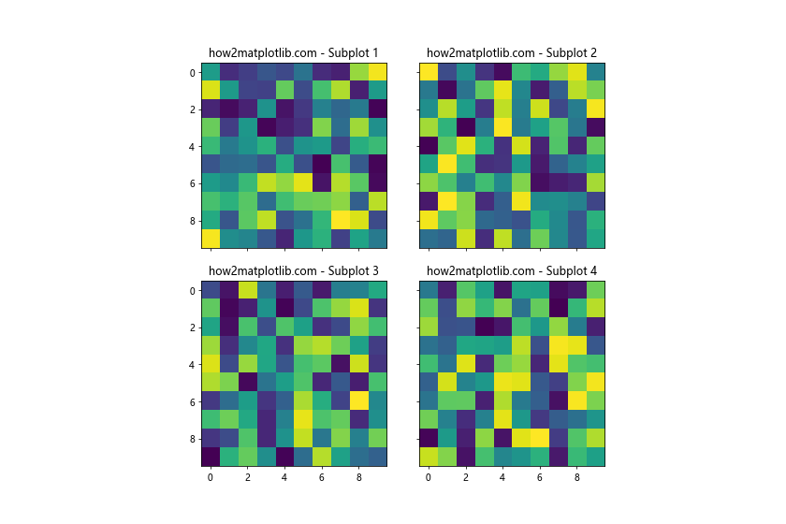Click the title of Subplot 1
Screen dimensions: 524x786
294,52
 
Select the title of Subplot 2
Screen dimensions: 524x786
512,52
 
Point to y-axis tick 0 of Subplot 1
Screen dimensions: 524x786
192,73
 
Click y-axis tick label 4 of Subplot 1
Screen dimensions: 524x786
192,147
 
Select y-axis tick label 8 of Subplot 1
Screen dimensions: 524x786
192,221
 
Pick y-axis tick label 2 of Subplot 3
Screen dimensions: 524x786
192,328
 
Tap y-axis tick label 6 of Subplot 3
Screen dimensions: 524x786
192,402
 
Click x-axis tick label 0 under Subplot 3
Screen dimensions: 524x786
211,477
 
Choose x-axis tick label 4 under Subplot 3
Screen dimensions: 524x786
284,477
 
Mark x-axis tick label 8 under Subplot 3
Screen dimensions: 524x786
358,477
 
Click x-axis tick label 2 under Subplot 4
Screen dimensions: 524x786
465,477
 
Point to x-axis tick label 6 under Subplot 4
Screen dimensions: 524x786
539,477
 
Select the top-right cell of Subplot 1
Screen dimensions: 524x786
377,72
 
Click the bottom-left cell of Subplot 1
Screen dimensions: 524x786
211,239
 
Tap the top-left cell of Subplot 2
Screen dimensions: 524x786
429,72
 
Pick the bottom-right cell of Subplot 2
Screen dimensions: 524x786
595,239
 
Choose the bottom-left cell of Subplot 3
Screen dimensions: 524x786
211,457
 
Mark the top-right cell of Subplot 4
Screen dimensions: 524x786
595,290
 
